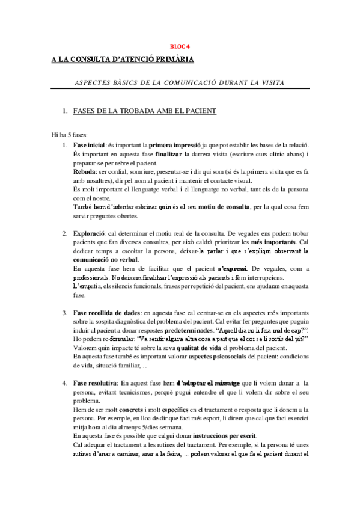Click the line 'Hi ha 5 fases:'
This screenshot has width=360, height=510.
click(70, 135)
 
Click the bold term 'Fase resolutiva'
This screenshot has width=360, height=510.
click(94, 383)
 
